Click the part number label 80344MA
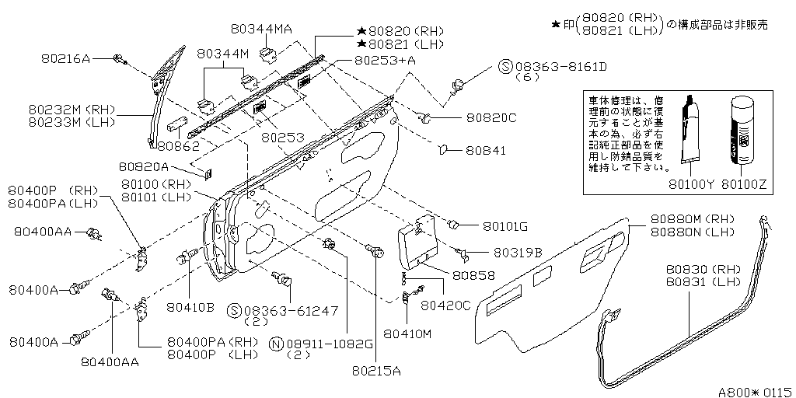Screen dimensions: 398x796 pyautogui.click(x=261, y=29)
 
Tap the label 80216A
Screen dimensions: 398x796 pyautogui.click(x=65, y=58)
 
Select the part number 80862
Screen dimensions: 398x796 pyautogui.click(x=178, y=145)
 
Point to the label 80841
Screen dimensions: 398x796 pyautogui.click(x=486, y=150)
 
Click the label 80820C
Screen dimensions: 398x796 pyautogui.click(x=491, y=119)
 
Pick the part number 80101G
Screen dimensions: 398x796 pyautogui.click(x=504, y=226)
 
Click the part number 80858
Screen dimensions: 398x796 pyautogui.click(x=474, y=275)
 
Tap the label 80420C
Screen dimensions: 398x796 pyautogui.click(x=445, y=305)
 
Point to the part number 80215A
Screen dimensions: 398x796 pyautogui.click(x=375, y=370)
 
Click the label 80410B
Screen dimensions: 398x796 pyautogui.click(x=190, y=305)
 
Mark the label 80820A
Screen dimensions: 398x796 pyautogui.click(x=145, y=166)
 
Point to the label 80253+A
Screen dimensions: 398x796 pyautogui.click(x=385, y=59)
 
